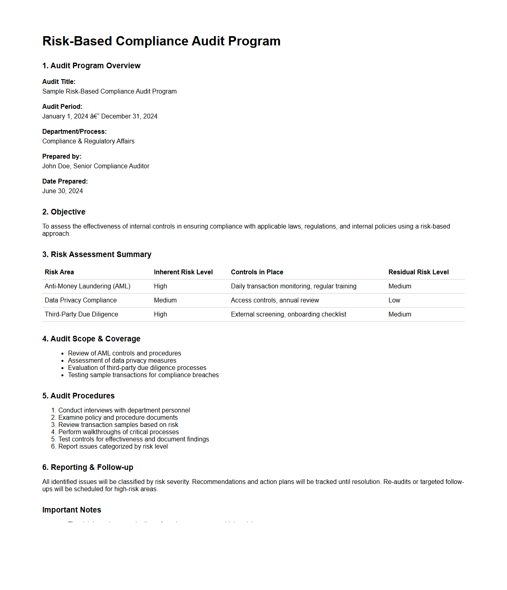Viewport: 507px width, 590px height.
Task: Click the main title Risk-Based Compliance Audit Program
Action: coord(161,41)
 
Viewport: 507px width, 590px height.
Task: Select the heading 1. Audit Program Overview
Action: coord(91,65)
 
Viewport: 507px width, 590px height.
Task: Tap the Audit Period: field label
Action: coord(62,106)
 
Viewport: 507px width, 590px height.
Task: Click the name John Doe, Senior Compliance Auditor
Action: coord(96,166)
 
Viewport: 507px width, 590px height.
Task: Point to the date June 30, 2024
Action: coord(63,191)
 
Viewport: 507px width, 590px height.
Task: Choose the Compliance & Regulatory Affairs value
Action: coord(88,141)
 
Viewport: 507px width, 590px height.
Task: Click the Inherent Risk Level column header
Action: coord(183,272)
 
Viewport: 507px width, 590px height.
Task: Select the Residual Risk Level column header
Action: coord(418,272)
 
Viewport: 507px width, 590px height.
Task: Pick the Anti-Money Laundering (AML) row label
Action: coord(88,286)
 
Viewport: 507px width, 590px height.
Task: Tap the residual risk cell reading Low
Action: coord(394,300)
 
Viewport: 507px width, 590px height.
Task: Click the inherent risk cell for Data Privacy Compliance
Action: coord(165,300)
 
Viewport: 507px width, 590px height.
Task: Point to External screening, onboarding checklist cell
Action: coord(288,314)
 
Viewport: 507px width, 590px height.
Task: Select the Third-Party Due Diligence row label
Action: coord(81,314)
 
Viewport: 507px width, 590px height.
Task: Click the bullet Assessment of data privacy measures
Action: coord(122,360)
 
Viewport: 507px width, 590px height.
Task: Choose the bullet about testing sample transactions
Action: coord(143,375)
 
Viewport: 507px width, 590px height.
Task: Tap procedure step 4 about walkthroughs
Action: coord(118,432)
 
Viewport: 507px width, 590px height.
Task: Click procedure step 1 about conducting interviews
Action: coord(124,410)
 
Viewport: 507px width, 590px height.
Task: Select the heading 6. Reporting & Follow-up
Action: coord(88,467)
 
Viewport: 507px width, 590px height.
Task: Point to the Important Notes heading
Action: coord(71,510)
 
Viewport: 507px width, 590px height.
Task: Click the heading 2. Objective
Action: coord(64,212)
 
